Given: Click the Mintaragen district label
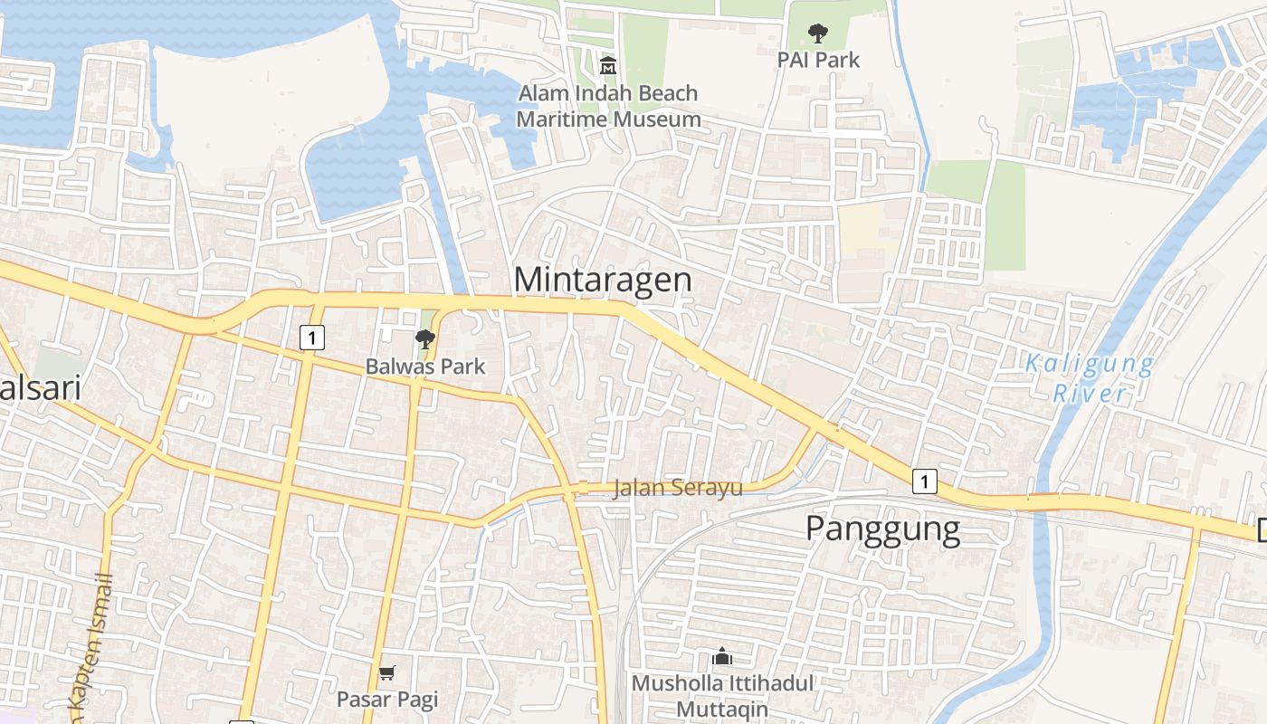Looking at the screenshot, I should click(x=603, y=280).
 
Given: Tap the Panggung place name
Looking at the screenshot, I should click(x=882, y=529).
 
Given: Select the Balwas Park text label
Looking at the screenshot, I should click(x=425, y=367).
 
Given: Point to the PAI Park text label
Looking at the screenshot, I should click(x=818, y=60).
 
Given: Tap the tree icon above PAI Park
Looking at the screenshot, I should click(x=818, y=34).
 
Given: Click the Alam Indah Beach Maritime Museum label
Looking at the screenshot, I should click(x=608, y=106).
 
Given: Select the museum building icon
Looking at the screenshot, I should click(x=608, y=66).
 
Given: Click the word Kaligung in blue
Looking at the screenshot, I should click(x=1090, y=365).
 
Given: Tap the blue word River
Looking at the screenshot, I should click(x=1090, y=394).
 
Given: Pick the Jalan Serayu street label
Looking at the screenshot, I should click(x=677, y=488).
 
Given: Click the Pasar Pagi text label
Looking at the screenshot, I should click(x=387, y=699).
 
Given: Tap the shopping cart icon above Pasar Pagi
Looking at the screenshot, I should click(x=387, y=672).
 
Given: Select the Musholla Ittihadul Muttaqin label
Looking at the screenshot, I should click(x=722, y=696).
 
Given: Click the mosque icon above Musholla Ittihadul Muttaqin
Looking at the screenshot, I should click(x=722, y=656).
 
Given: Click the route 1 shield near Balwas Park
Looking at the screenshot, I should click(x=311, y=338).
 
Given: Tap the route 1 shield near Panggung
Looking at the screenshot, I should click(x=924, y=481).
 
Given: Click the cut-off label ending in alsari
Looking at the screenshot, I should click(x=40, y=388).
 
